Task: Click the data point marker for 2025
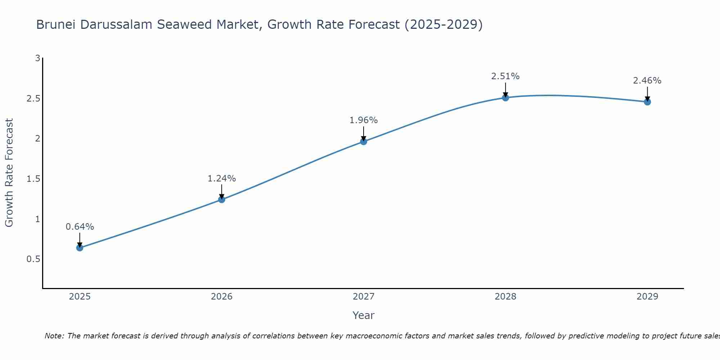80,248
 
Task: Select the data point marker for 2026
222,199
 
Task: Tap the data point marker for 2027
364,141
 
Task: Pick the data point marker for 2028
505,98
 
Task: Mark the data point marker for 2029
647,102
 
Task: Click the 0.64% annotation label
80,227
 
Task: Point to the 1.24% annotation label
222,179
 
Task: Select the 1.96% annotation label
364,120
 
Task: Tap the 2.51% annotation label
505,76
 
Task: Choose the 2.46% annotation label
647,81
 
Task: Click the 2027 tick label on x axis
364,297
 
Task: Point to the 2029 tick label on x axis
647,297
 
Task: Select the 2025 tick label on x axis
80,297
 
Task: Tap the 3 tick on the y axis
37,58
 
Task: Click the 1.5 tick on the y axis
33,179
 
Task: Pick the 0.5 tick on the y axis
33,259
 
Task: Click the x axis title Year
364,315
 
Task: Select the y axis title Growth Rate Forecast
9,173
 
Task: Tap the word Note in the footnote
54,336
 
